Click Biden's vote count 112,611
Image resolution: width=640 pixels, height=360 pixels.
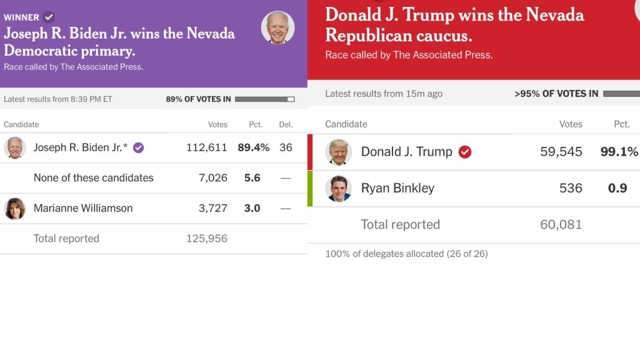[206, 147]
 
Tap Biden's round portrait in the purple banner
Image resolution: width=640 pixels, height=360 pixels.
[277, 27]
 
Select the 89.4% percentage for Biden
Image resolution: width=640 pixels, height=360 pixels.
[253, 147]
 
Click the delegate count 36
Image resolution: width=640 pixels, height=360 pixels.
[286, 147]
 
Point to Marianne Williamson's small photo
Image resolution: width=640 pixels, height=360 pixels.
[14, 208]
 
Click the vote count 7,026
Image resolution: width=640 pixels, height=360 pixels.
[212, 178]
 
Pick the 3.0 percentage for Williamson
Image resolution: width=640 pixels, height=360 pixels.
[252, 208]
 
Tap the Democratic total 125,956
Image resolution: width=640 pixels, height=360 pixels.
[206, 239]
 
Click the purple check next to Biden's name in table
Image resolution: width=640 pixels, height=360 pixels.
[139, 147]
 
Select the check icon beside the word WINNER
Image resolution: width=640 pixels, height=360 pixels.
[49, 17]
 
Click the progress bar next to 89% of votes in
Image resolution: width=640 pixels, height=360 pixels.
[264, 99]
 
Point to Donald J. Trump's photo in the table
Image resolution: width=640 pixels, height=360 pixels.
[338, 152]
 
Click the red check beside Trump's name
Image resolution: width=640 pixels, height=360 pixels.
[465, 152]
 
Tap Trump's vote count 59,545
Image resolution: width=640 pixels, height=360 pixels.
[561, 152]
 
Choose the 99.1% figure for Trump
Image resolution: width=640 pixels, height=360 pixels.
[619, 152]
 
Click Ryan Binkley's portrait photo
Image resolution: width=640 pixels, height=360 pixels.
[338, 188]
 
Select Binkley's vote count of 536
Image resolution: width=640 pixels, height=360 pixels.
[571, 188]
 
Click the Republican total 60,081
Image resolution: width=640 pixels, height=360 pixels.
[561, 224]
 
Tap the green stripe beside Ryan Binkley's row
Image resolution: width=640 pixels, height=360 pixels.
[310, 188]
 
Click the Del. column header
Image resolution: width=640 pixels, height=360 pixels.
[286, 124]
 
